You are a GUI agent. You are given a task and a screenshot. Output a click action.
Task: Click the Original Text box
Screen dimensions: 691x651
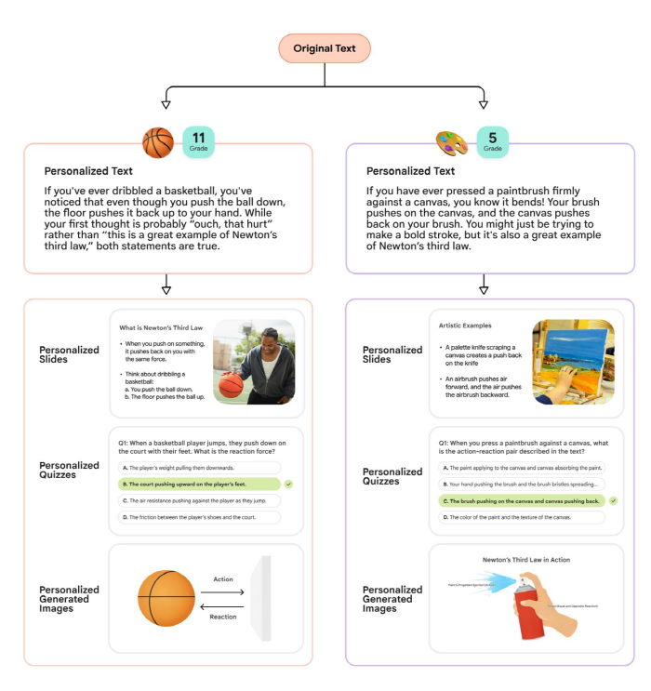(x=325, y=48)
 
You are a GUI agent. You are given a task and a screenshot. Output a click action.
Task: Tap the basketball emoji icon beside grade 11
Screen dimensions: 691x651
(x=157, y=142)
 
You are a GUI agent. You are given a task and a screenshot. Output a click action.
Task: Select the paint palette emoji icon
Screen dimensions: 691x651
(x=452, y=142)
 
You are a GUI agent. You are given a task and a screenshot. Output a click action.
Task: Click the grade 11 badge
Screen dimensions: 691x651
(x=201, y=140)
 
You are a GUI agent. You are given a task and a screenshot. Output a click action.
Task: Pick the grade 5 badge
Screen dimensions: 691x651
(x=493, y=140)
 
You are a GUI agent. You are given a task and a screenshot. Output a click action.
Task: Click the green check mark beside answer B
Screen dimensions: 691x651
(x=289, y=485)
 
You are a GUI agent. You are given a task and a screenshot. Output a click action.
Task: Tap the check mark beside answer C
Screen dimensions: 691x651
(x=614, y=501)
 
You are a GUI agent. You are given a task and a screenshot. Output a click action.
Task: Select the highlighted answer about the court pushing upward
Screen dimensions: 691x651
(x=199, y=485)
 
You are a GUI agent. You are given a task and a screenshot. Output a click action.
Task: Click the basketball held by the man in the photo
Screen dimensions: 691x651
(x=230, y=384)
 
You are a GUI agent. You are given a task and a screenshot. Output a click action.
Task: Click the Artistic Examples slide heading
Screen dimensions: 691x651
(x=465, y=326)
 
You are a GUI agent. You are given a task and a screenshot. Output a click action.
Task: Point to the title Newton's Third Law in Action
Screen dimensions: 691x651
(x=526, y=560)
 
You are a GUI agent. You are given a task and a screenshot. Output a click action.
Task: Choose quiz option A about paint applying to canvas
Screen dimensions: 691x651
(x=519, y=468)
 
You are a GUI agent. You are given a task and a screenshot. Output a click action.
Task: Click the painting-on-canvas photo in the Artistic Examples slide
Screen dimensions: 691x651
(x=572, y=362)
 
